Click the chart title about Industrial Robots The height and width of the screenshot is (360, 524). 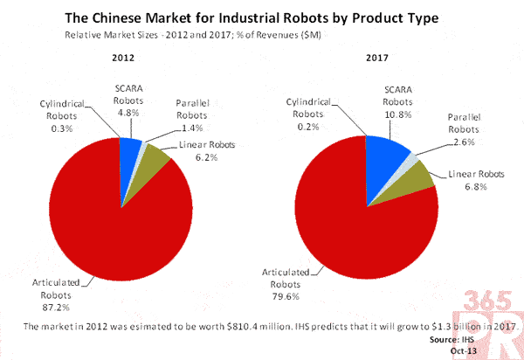[263, 17]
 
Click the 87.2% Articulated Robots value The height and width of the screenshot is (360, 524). [50, 308]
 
